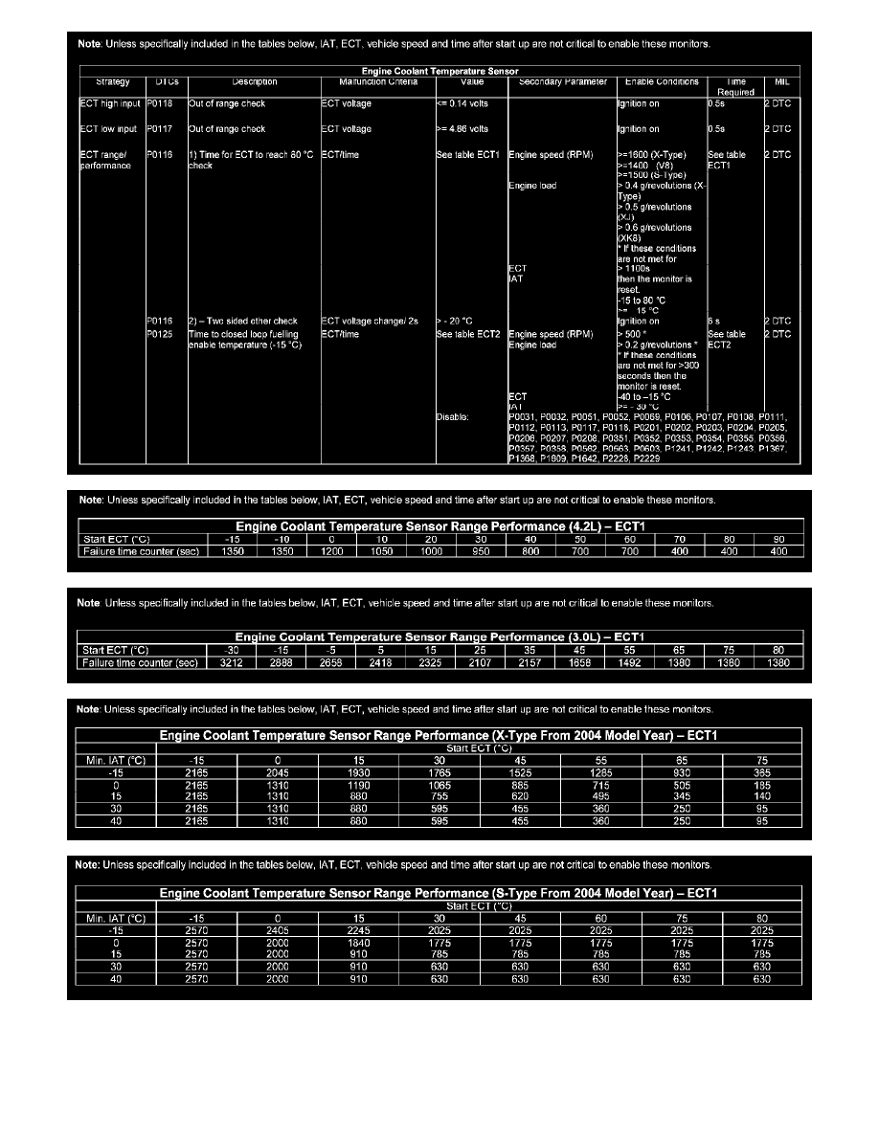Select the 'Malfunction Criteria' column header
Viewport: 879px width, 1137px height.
tap(365, 82)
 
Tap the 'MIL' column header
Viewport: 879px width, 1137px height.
tap(781, 82)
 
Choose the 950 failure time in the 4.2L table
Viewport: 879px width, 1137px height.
tap(481, 552)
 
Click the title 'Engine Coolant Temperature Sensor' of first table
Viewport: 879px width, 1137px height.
tap(439, 71)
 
